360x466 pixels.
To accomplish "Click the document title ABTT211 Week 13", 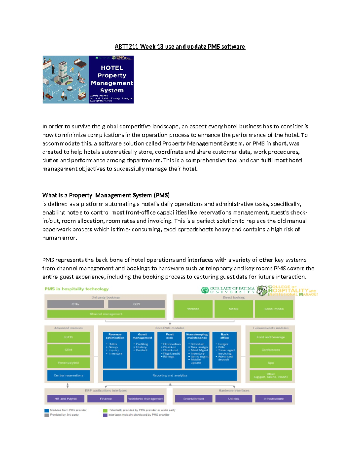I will click(180, 47).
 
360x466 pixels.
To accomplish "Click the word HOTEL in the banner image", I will click(112, 68).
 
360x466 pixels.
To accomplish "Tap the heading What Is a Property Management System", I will click(106, 195).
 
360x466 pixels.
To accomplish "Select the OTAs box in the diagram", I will click(76, 304).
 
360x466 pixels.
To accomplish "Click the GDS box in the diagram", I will click(136, 304).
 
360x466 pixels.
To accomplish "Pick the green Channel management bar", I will click(106, 314).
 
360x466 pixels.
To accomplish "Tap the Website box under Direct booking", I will click(193, 309).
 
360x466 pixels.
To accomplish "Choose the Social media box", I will click(274, 309).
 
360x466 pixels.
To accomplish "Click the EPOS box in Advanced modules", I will click(68, 337).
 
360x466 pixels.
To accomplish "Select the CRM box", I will click(68, 350).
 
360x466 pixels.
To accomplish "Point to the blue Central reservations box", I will click(68, 375).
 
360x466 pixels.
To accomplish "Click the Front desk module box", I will click(169, 350).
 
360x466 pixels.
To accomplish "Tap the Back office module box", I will click(224, 350).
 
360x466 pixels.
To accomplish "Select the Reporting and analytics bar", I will click(170, 375).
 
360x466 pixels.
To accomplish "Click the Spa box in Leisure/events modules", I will click(271, 363).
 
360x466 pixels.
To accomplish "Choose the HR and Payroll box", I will click(66, 399).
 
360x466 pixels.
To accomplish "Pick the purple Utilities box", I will click(233, 399).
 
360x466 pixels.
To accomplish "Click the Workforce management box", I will click(146, 399).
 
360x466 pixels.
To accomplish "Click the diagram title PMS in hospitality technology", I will click(76, 289).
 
